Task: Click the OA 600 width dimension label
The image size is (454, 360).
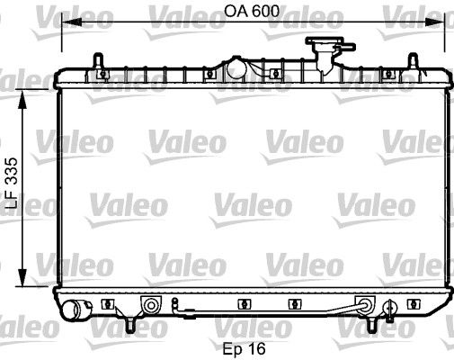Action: coord(245,13)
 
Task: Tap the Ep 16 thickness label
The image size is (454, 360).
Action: coord(245,346)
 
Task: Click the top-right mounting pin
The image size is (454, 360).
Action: coord(412,60)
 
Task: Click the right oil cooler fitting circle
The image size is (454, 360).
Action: coord(365,304)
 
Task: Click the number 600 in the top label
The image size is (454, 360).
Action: coord(256,13)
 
